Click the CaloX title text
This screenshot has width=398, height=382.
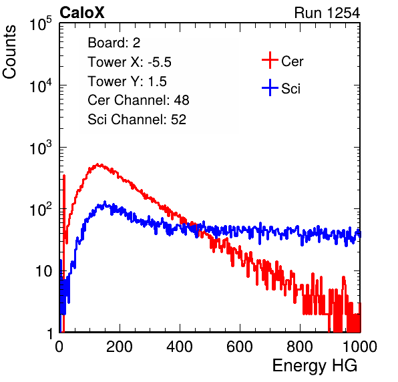coord(82,13)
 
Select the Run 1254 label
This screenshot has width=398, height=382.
coord(327,13)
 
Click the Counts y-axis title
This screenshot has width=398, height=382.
coord(9,52)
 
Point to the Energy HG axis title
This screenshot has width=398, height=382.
coord(315,366)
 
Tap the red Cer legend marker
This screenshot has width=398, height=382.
coord(270,60)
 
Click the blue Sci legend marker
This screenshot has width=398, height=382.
coord(270,87)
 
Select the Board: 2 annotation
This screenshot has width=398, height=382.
coord(114,43)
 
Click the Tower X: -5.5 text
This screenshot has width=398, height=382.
coord(130,62)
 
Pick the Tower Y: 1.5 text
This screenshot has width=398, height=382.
coord(127,81)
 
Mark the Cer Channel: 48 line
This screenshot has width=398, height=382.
coord(138,100)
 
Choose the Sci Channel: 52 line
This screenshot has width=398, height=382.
coord(137,120)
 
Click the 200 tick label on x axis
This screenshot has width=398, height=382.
coord(120,347)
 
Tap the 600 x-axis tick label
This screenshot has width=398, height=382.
coord(240,347)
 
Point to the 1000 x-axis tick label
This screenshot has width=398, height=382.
coord(360,347)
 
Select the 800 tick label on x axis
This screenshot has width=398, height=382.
coord(300,347)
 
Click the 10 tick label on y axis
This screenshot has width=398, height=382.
coord(45,271)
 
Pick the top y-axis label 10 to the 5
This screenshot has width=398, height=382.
coord(41,23)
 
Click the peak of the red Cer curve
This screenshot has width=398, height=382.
coord(99,165)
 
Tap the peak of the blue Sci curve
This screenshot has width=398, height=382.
coord(105,202)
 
